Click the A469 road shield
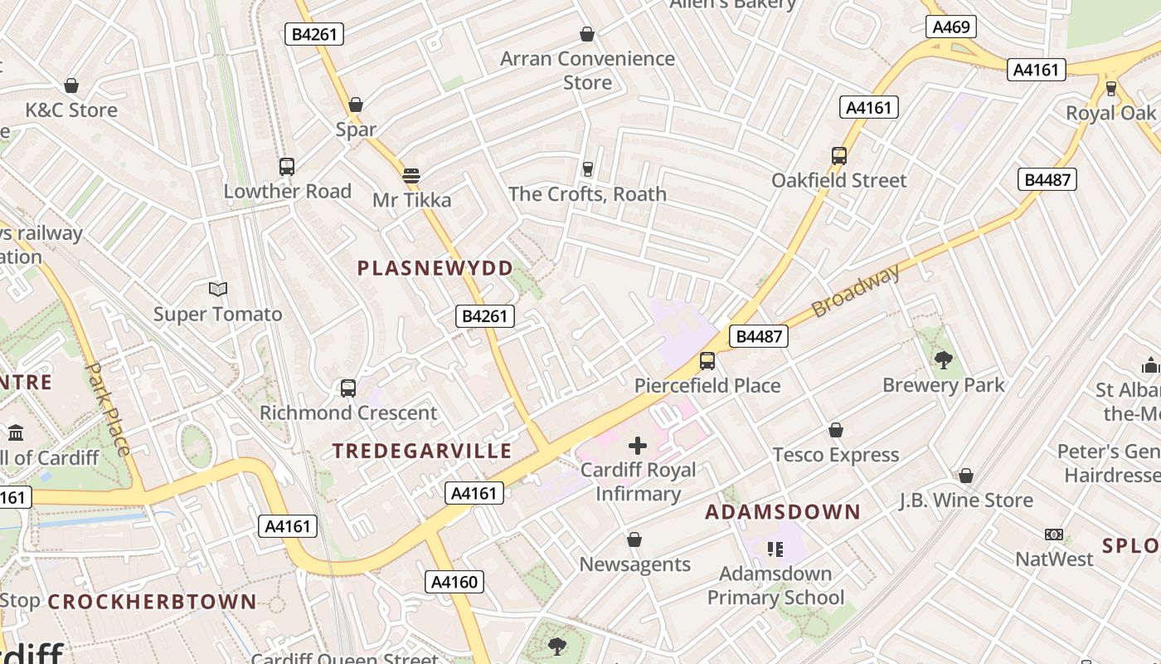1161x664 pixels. click(951, 27)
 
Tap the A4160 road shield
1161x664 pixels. click(454, 582)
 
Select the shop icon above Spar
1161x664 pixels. click(356, 105)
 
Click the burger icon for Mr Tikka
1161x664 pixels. click(411, 175)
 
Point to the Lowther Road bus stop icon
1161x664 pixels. click(287, 167)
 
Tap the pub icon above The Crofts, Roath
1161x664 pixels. click(588, 169)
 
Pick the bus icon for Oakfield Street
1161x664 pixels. click(839, 156)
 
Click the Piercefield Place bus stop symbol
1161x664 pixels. click(707, 361)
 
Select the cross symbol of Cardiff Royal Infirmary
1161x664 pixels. click(637, 446)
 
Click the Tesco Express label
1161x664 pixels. click(836, 455)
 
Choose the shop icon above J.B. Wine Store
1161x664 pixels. click(966, 476)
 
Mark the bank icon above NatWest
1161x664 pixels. click(1054, 535)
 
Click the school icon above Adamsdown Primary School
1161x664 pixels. click(775, 549)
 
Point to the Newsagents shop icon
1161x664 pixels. click(634, 540)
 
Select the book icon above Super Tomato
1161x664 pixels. click(218, 290)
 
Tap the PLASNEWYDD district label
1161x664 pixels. click(435, 268)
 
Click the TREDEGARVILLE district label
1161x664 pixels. click(422, 451)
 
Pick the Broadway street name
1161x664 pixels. click(855, 291)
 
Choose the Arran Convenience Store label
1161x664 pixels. click(587, 71)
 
